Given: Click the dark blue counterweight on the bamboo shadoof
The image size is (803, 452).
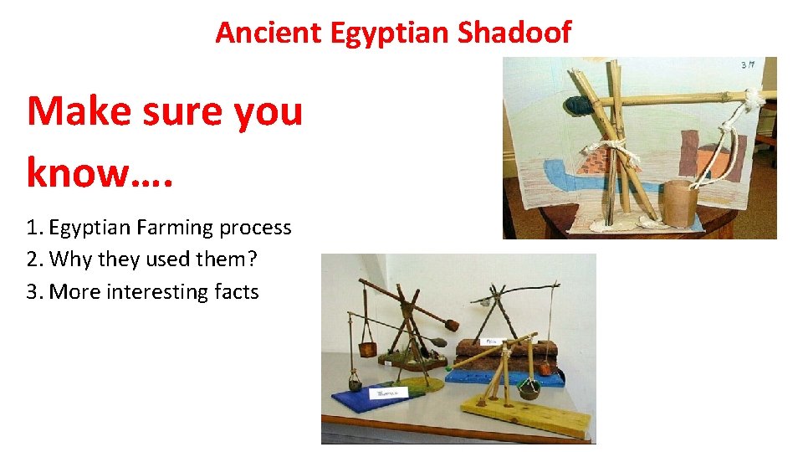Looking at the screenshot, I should (x=575, y=105).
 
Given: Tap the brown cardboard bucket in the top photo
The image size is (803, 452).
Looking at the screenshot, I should (x=681, y=203).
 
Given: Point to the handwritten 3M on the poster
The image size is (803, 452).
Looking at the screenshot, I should (x=747, y=65).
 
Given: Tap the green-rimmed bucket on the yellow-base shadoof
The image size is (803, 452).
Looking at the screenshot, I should (x=529, y=388).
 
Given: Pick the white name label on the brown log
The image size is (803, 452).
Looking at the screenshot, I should (x=491, y=342).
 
